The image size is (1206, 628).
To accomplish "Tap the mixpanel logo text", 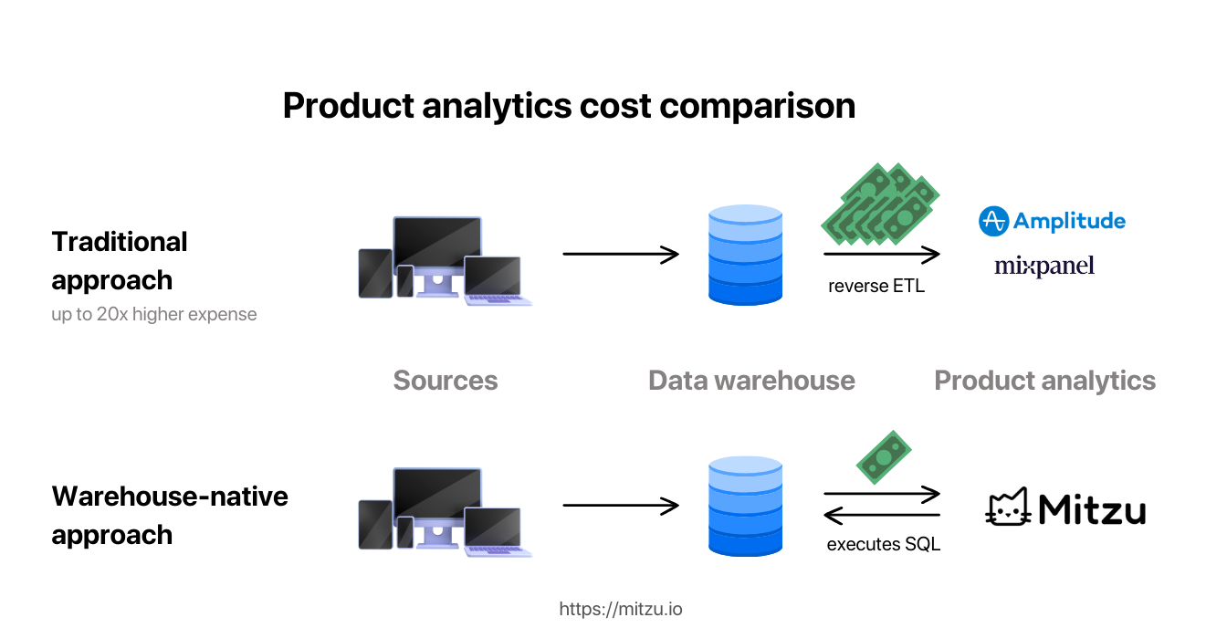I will [x=1044, y=266].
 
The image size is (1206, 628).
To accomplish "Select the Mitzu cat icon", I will [x=1008, y=508].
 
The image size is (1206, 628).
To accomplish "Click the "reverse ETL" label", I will [x=876, y=286].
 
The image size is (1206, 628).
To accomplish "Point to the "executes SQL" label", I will [x=883, y=544].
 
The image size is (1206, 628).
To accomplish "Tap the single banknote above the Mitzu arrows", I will [x=884, y=456].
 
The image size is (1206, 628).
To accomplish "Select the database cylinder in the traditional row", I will [x=745, y=255].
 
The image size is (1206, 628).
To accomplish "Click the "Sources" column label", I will [x=446, y=381].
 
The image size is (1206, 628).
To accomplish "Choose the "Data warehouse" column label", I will [x=751, y=381].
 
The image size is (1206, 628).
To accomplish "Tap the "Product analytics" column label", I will [x=1044, y=381].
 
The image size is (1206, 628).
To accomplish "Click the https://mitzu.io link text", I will [x=620, y=609].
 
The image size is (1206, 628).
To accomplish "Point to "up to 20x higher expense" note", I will [x=154, y=315].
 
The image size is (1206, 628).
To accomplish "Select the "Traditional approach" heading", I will [x=120, y=260].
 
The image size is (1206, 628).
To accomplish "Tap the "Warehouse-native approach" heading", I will [x=170, y=515].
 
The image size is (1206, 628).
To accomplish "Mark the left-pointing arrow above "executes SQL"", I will [x=882, y=517].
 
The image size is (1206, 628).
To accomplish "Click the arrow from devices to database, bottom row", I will [x=621, y=505].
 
